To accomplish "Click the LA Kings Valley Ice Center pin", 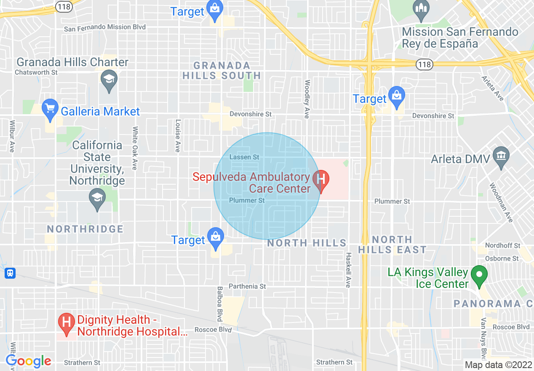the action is (x=479, y=274).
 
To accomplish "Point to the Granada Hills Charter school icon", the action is (x=109, y=80).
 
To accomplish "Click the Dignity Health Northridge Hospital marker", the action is (x=66, y=323).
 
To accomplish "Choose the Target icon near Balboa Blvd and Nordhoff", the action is (x=216, y=237).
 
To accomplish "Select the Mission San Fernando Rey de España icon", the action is (x=421, y=9).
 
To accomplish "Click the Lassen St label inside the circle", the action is (x=244, y=157).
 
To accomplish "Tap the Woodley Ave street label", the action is (x=307, y=99).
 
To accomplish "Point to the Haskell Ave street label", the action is (x=348, y=270).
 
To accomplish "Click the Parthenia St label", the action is (x=247, y=286).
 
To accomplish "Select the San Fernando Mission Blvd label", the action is (x=105, y=27).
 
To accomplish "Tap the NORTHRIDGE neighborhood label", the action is (x=85, y=229).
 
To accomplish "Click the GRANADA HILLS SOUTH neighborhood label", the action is (x=222, y=70).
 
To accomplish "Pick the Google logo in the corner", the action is (x=28, y=361).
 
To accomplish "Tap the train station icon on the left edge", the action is (x=10, y=273).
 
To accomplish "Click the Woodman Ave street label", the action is (x=501, y=202).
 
